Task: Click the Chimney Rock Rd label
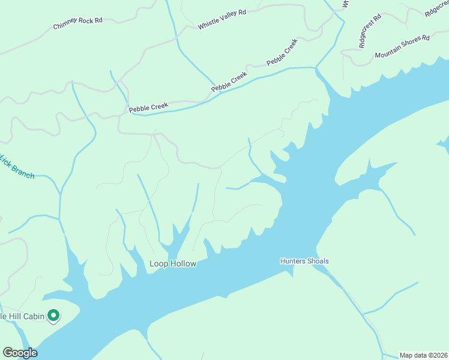coord(78,23)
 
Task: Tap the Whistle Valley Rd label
coord(222,20)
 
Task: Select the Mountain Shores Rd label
coord(402,47)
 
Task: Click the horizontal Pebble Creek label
coord(148,107)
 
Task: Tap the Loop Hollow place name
coord(173,264)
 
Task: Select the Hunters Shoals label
coord(304,261)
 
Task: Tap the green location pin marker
coord(53,315)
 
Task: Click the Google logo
coord(20,353)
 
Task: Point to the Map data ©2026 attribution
coord(423,355)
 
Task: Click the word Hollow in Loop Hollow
coord(183,264)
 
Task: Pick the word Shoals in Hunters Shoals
coord(318,261)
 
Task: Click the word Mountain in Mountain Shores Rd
coord(388,52)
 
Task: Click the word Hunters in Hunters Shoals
coord(293,261)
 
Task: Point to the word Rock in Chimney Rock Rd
coord(85,22)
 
